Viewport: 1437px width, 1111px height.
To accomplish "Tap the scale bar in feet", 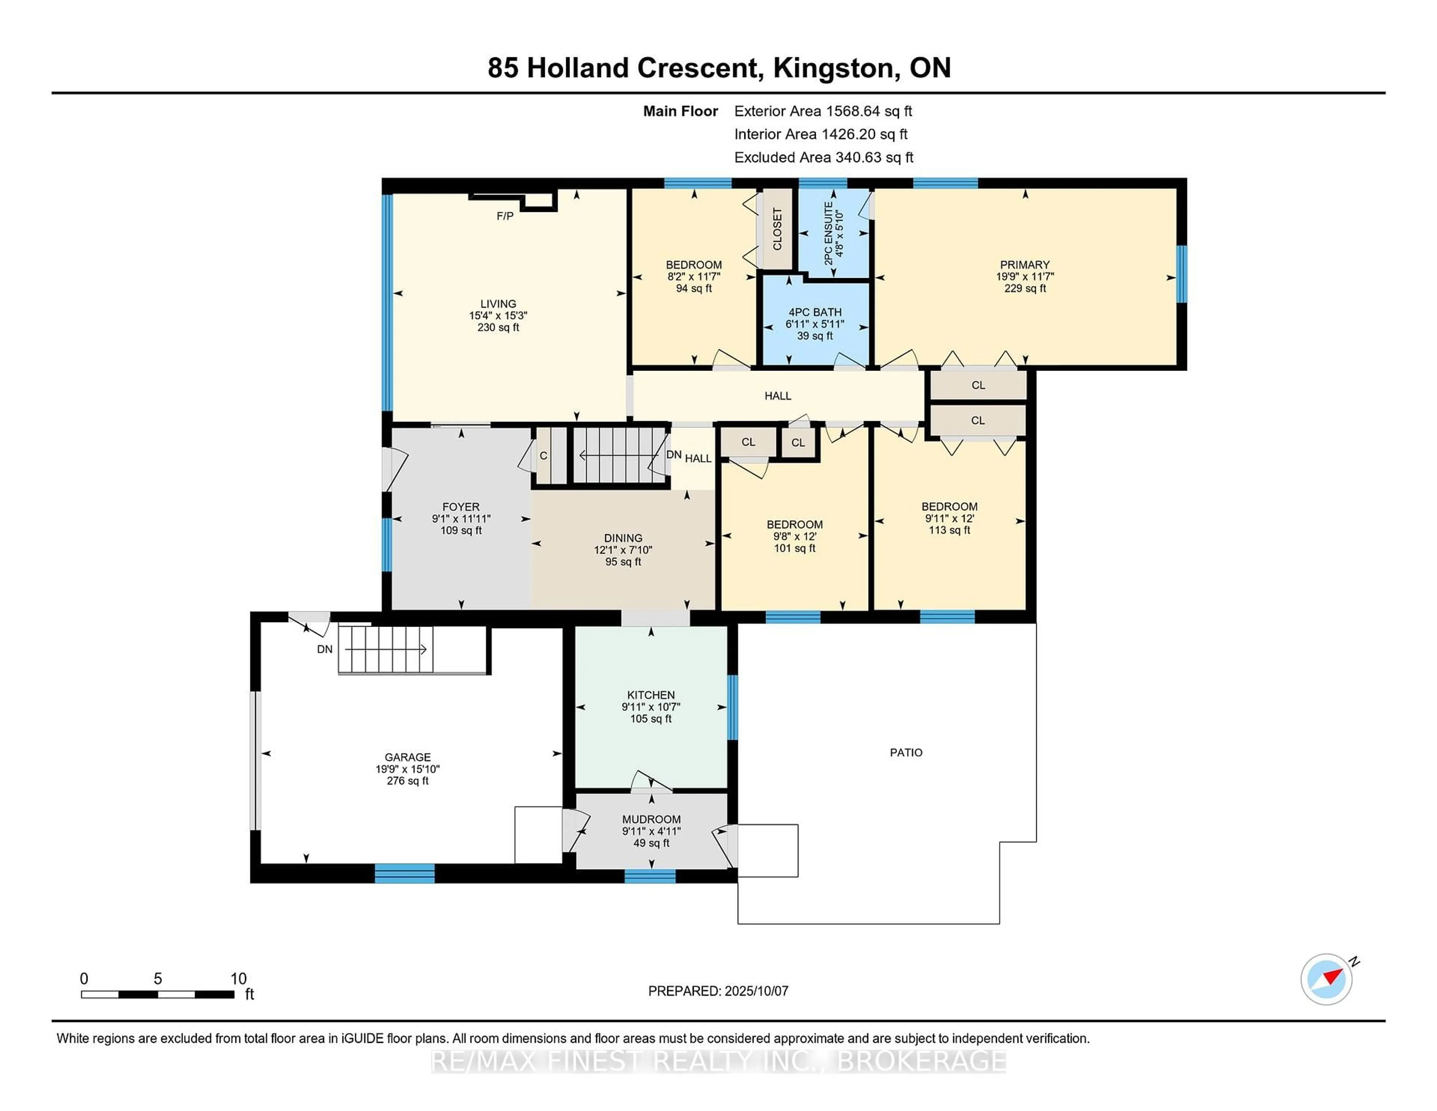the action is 158,994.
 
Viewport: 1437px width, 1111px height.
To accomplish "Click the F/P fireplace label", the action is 505,216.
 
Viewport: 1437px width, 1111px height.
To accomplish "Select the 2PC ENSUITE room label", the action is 829,233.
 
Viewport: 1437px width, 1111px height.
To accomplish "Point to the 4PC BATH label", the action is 815,312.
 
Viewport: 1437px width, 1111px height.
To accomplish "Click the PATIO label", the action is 906,752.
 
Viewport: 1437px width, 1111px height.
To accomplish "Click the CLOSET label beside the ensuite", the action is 777,229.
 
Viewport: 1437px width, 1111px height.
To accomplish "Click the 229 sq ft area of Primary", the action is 1025,288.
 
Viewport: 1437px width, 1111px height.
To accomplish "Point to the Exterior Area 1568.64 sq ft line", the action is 823,111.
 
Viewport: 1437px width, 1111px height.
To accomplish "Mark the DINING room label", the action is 623,538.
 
